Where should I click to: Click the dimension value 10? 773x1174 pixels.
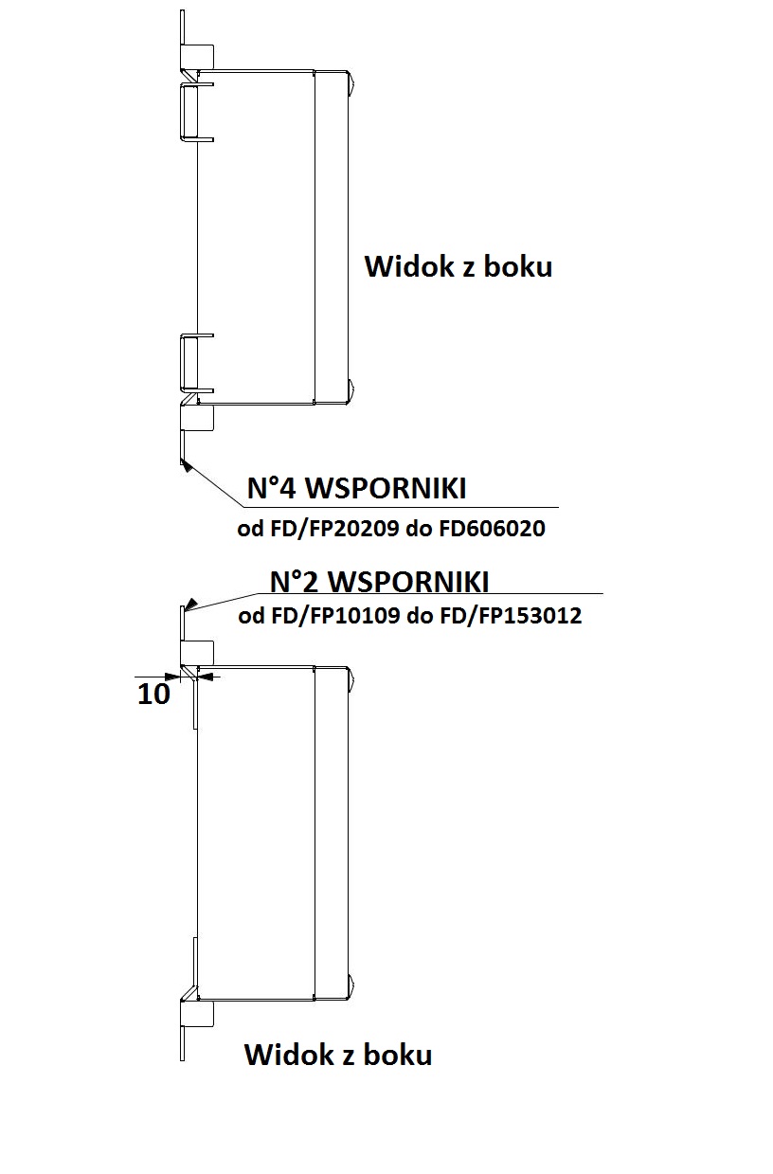(x=153, y=694)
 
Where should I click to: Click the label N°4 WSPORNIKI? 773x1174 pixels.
(x=356, y=489)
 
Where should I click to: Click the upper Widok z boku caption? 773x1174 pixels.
(x=458, y=266)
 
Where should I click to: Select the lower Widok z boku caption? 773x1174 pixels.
(x=338, y=1054)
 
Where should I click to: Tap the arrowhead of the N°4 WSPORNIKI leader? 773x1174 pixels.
(x=184, y=464)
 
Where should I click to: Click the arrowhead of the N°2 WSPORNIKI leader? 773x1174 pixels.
(x=190, y=603)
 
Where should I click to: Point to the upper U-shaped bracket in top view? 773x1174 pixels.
(x=196, y=112)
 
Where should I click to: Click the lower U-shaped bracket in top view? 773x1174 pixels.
(x=196, y=362)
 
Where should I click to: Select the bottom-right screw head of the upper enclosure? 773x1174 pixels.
(x=352, y=388)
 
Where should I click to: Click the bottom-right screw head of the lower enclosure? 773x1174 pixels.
(x=352, y=985)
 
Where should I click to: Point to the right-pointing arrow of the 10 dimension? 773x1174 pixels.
(x=173, y=676)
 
